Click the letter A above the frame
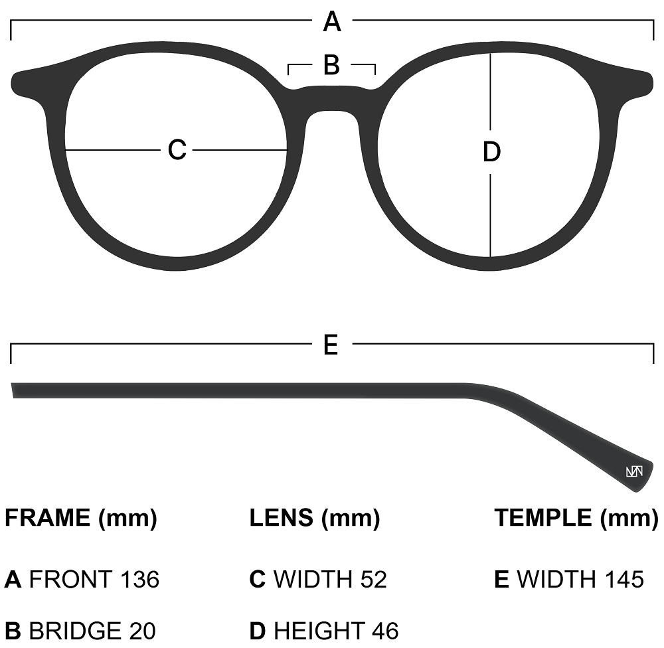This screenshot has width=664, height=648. [x=332, y=23]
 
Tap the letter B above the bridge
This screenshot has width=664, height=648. [x=331, y=66]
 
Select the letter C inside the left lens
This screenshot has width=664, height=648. [x=177, y=150]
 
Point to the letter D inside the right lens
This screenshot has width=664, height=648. [x=491, y=153]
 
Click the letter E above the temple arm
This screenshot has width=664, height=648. [x=331, y=345]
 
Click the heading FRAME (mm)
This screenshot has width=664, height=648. [x=81, y=518]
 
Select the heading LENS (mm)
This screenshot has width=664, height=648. [x=315, y=518]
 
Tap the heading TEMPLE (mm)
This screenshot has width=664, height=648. [x=576, y=518]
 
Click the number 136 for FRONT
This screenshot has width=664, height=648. [x=139, y=580]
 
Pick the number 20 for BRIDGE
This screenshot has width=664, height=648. [x=143, y=630]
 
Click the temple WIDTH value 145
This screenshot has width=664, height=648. [x=624, y=580]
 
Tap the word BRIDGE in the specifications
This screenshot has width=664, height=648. [x=75, y=630]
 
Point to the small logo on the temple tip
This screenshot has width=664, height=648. [x=634, y=472]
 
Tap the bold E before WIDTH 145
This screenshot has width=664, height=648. [x=501, y=580]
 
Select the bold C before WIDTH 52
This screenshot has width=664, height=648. [x=258, y=580]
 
